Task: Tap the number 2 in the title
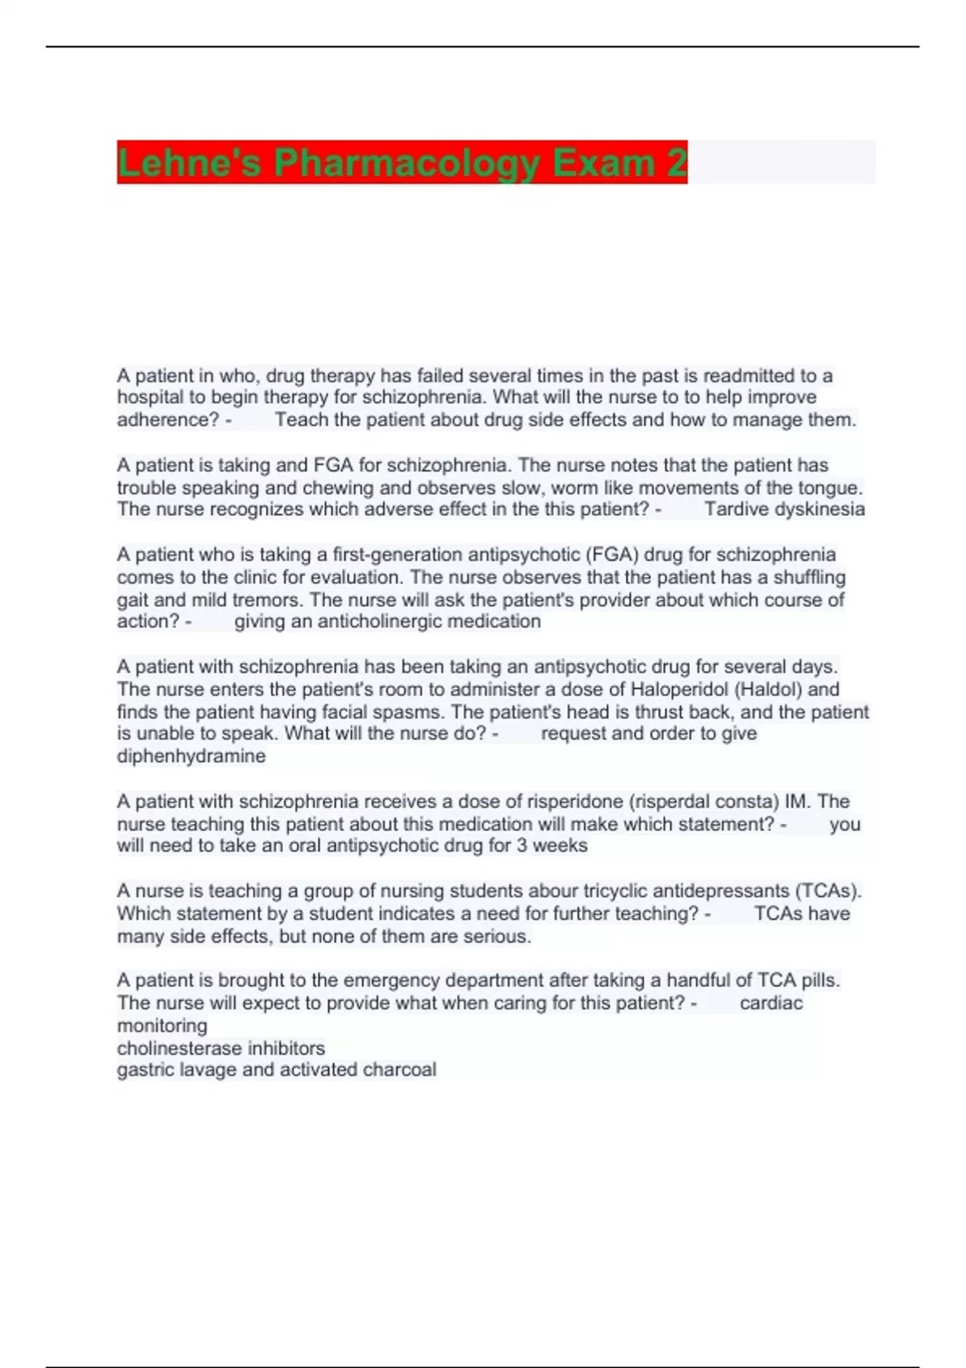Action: [x=677, y=163]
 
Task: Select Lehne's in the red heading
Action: [x=189, y=163]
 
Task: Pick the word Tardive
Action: [x=732, y=509]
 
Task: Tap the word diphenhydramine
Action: [x=191, y=756]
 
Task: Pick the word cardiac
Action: [x=770, y=1003]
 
